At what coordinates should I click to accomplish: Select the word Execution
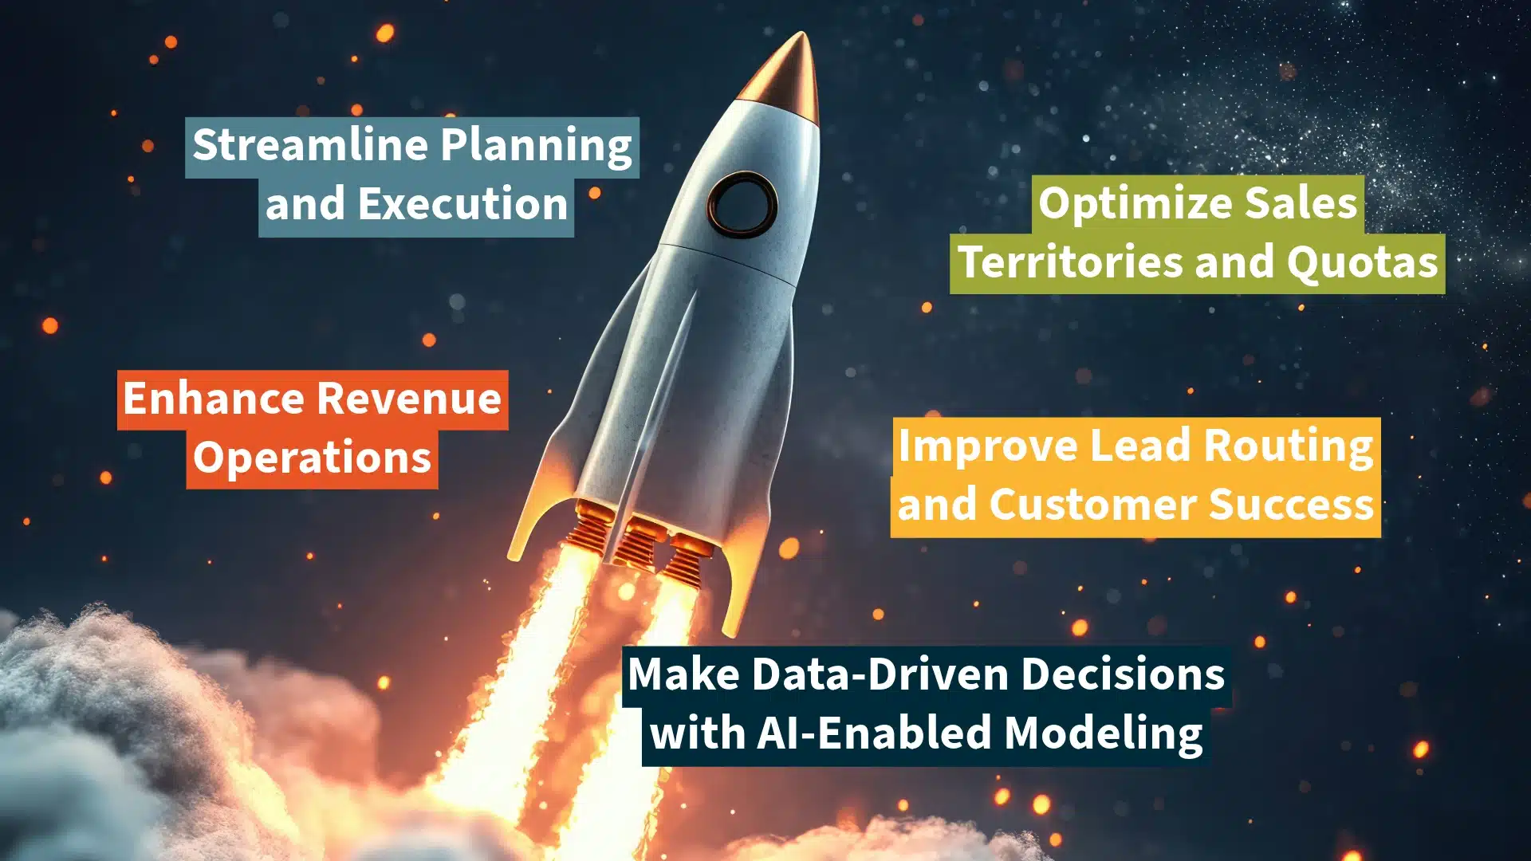point(462,204)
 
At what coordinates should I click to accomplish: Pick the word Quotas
point(1362,263)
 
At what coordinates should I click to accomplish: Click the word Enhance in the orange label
point(217,398)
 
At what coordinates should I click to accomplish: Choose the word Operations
point(312,459)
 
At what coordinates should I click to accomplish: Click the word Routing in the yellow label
point(1289,446)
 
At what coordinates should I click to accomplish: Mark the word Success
point(1291,505)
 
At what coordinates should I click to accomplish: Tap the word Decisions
point(1123,674)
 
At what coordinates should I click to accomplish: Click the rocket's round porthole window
point(742,204)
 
